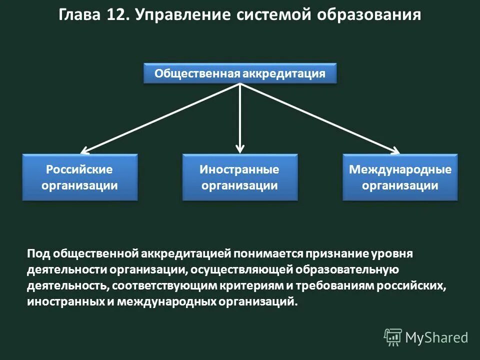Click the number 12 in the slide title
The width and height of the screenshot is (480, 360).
click(116, 14)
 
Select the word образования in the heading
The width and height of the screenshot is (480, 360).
click(369, 15)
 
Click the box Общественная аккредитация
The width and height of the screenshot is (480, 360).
click(240, 73)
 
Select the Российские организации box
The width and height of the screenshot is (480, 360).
click(79, 177)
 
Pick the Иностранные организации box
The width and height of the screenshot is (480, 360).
click(239, 177)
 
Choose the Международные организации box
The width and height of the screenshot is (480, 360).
click(400, 177)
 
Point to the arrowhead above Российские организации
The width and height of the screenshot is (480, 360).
click(85, 149)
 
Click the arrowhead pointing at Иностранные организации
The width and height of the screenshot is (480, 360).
click(240, 148)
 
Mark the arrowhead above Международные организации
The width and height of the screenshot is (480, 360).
click(395, 149)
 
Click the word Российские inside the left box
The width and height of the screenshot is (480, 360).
click(79, 169)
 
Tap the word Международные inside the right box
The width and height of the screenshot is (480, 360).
click(400, 169)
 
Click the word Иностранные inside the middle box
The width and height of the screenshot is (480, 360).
click(239, 169)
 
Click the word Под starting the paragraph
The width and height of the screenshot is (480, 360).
click(37, 253)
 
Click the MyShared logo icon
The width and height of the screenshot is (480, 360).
click(392, 337)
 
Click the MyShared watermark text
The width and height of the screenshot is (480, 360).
click(436, 338)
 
